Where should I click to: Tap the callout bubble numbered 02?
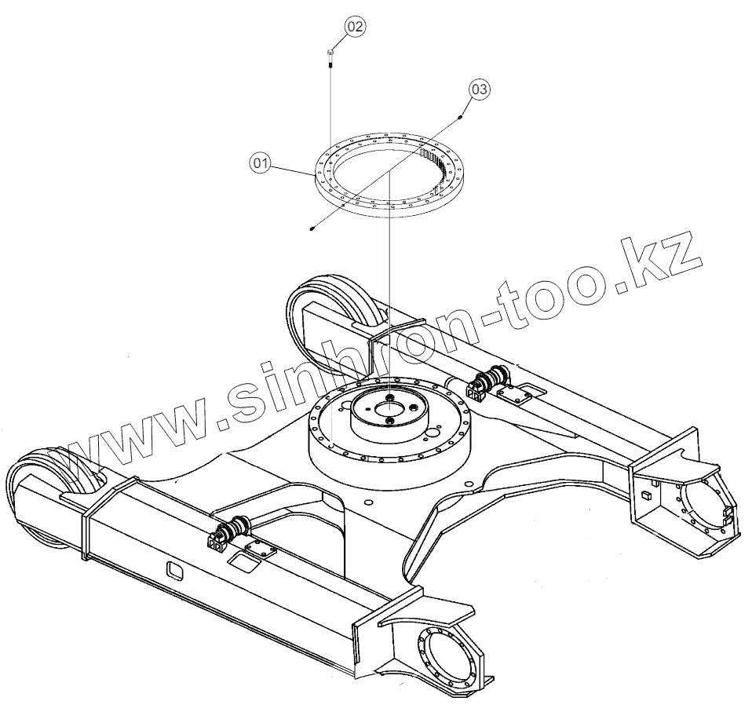(355, 26)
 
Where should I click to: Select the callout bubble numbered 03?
(480, 89)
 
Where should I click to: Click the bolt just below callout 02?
(330, 57)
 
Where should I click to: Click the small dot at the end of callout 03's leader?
(460, 115)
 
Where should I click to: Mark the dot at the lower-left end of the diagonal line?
(312, 228)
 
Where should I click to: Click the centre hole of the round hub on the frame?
(389, 407)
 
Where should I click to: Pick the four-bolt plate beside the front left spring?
(257, 550)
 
